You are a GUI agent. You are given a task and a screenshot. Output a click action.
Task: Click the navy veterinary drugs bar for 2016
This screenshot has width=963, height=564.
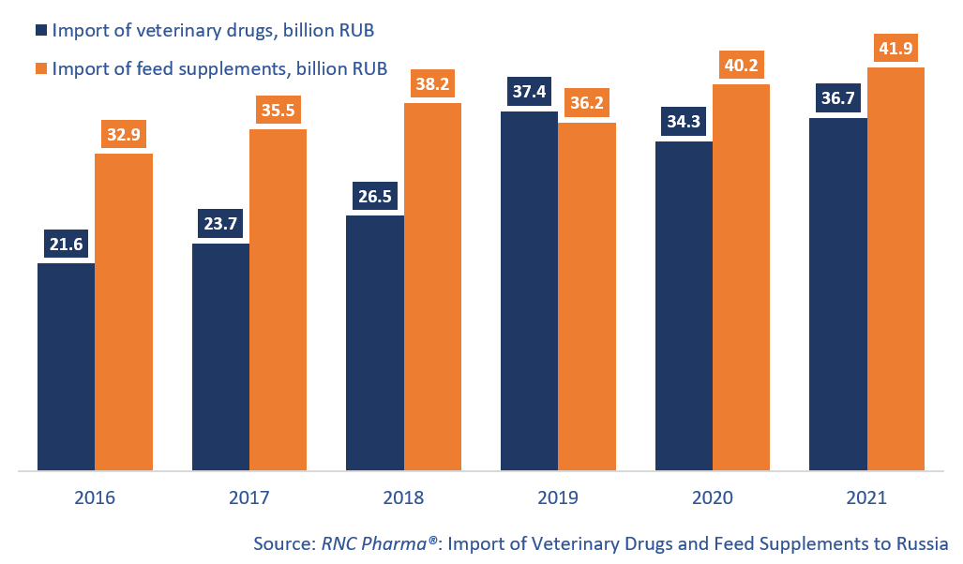point(67,367)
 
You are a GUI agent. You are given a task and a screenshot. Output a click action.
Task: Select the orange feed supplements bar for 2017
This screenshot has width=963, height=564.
point(278,300)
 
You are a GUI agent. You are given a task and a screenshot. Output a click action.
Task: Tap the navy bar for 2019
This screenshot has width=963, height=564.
point(530,290)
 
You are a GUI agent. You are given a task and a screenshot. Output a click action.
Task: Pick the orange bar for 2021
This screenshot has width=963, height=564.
point(896,269)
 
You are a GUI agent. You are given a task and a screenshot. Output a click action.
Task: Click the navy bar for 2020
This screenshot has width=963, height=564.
point(685,306)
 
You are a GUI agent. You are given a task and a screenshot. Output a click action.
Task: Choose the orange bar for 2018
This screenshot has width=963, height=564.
point(433,287)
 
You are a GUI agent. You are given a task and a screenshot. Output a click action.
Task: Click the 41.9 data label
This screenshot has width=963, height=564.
point(895,48)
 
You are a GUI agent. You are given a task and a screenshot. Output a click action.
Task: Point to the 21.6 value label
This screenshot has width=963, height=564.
point(67,245)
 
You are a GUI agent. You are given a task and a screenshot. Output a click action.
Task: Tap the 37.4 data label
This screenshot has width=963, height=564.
point(530,92)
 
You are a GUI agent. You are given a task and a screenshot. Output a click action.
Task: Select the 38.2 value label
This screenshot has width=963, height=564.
point(432,83)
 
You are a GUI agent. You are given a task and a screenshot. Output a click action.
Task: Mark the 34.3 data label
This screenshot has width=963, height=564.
point(684,122)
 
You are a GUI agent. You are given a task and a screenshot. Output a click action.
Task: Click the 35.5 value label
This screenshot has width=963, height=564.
point(278,111)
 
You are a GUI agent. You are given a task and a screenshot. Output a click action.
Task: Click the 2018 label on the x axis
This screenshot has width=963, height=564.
point(403,497)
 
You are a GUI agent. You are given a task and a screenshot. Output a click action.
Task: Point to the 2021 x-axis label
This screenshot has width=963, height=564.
point(866,497)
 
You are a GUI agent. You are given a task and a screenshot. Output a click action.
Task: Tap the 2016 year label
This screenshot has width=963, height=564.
point(95,497)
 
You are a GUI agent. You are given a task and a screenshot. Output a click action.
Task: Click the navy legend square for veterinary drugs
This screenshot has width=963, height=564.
point(41,30)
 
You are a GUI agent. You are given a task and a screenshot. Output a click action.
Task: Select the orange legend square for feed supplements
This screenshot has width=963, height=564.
point(41,68)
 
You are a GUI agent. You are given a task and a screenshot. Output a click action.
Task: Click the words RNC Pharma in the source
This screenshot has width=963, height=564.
point(374,543)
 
